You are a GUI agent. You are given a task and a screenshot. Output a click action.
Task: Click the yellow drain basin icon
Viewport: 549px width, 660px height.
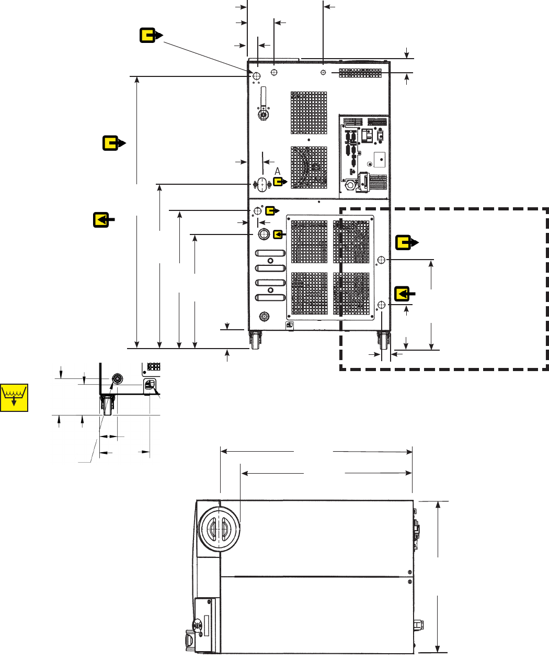(x=14, y=397)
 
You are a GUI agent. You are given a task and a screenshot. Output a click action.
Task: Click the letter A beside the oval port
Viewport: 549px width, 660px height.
(x=278, y=171)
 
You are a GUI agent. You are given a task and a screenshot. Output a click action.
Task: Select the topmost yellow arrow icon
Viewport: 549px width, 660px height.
(x=152, y=36)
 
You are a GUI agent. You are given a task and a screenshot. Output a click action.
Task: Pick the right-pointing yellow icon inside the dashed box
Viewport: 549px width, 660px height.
(x=406, y=242)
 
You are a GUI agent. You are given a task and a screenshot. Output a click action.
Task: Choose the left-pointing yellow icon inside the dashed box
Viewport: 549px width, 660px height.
(x=403, y=294)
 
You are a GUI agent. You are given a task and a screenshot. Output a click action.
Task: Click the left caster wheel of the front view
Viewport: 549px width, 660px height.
(x=256, y=340)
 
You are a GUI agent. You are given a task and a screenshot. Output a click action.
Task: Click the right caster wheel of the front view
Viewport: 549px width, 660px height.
(x=384, y=340)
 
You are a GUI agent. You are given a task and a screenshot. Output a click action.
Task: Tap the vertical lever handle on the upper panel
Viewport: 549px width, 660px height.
(x=264, y=97)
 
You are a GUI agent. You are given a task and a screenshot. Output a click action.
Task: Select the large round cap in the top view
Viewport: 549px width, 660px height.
(x=219, y=528)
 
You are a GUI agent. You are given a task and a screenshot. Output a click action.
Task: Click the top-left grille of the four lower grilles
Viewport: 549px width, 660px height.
(x=309, y=241)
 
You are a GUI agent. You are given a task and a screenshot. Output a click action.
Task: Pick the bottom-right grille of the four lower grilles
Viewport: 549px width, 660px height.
(x=351, y=293)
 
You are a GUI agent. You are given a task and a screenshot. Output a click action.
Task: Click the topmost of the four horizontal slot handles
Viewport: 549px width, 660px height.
(x=270, y=253)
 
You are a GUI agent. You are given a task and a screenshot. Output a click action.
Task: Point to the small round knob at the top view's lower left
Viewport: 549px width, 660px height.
(x=198, y=624)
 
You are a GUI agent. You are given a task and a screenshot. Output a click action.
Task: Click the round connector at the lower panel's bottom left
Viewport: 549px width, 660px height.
(x=265, y=316)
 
